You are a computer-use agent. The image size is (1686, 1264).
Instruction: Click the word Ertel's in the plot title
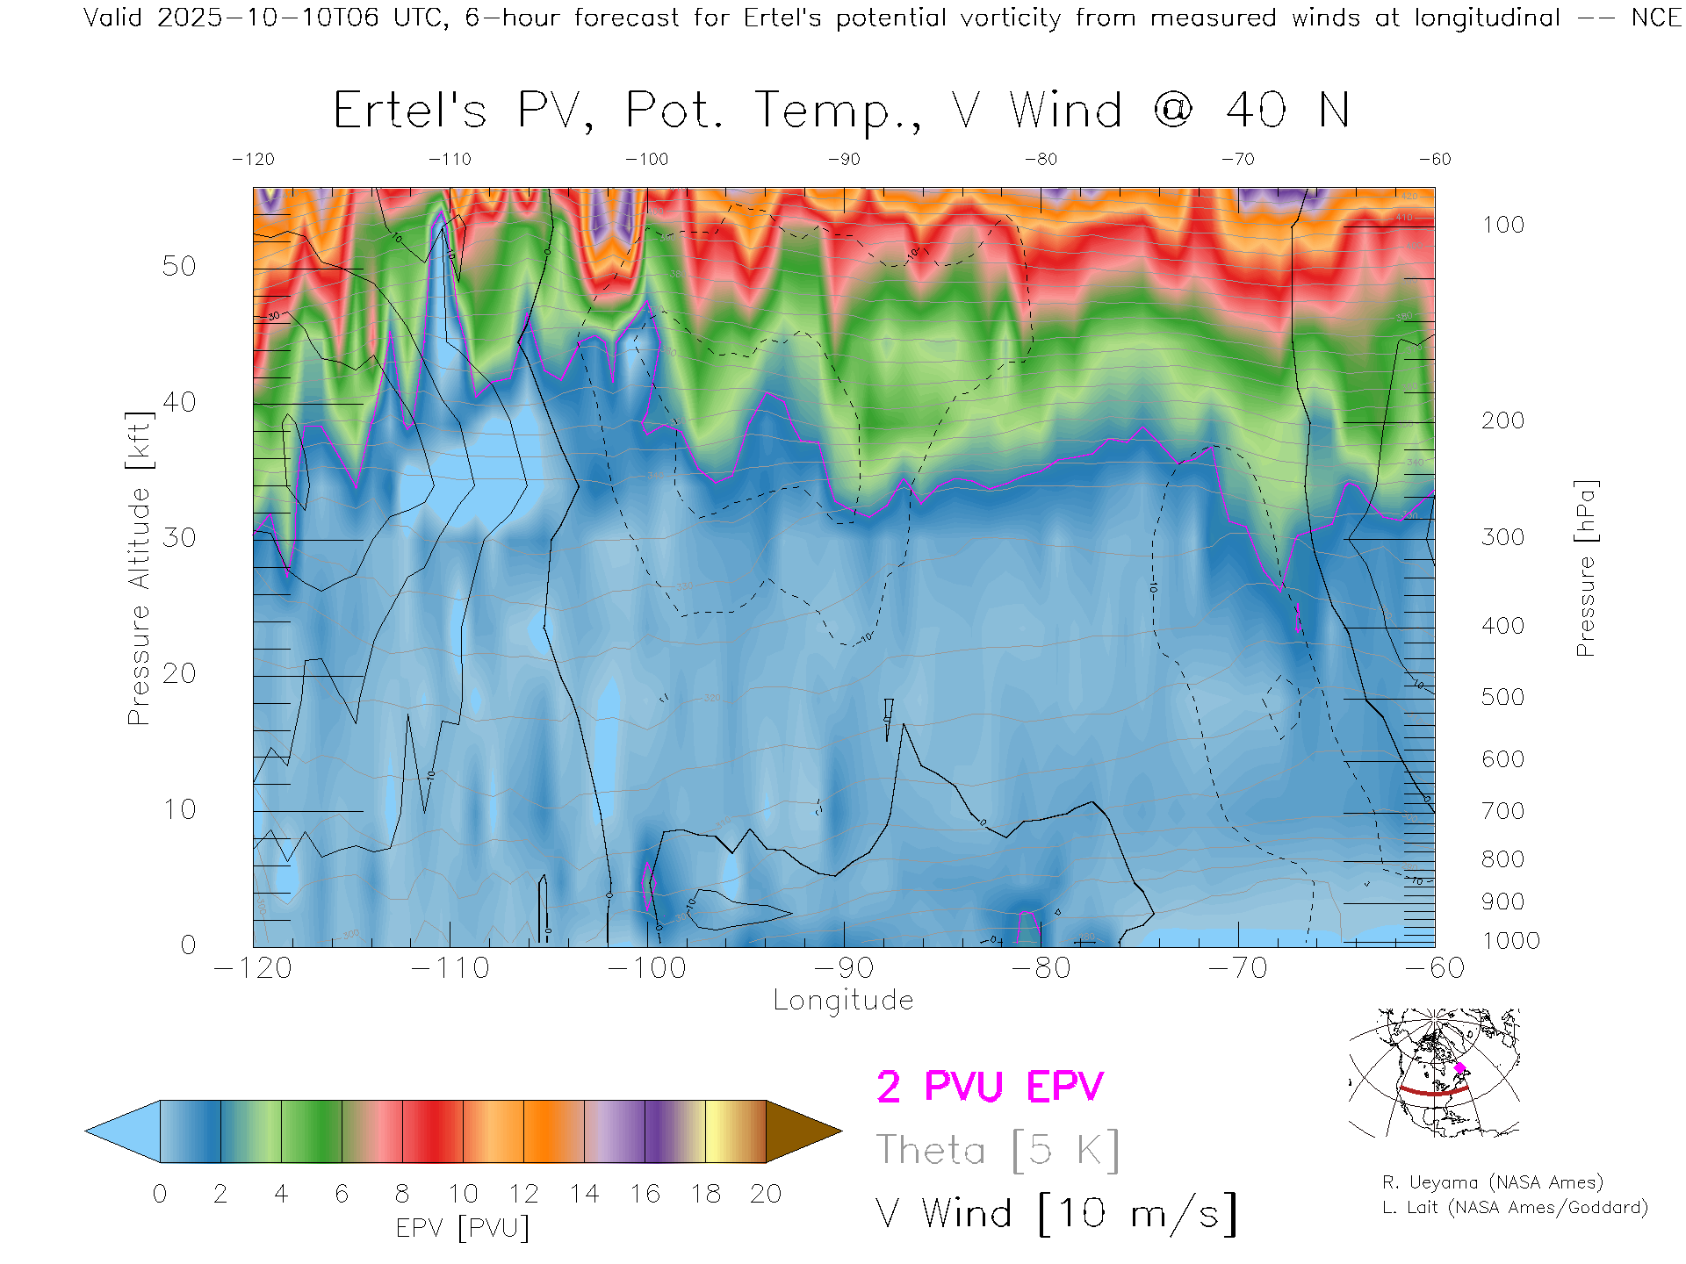[409, 111]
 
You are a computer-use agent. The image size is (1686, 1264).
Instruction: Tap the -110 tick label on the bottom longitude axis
[450, 968]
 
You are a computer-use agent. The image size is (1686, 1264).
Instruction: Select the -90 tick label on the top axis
[844, 160]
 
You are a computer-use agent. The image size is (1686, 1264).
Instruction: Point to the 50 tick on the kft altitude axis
[178, 267]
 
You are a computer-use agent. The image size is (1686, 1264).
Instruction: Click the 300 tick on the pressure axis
[1502, 537]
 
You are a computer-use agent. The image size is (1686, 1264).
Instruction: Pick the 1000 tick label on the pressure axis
[1510, 941]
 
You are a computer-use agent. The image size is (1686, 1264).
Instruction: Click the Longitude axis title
[843, 1001]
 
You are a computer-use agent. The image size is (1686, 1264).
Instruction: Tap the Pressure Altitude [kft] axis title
[139, 569]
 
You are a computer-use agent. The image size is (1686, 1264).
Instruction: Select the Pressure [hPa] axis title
[1586, 569]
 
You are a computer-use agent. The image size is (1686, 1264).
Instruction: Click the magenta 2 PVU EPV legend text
[990, 1087]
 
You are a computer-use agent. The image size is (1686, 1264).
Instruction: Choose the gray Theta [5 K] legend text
[998, 1150]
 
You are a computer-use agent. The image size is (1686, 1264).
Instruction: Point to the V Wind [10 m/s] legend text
[1056, 1214]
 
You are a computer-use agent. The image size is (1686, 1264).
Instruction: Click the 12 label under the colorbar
[523, 1194]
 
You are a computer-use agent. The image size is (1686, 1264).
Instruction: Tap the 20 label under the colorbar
[766, 1194]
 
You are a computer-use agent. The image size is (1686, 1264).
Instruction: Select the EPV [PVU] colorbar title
[463, 1228]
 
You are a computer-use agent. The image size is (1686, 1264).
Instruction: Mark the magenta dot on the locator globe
[1459, 1068]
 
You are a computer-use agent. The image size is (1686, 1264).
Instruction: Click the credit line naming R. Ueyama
[1492, 1182]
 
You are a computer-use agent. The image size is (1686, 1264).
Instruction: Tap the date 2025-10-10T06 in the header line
[268, 18]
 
